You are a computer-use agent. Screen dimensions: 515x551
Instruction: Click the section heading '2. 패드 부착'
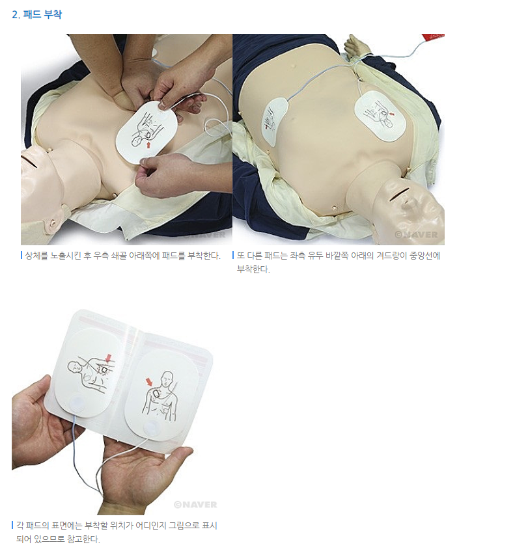36,14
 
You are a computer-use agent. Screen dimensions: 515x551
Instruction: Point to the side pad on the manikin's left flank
275,121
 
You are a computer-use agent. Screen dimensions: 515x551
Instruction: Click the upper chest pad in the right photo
380,116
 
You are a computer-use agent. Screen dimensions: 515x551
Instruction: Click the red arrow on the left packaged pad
109,358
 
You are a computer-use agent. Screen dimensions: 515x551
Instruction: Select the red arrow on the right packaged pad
150,382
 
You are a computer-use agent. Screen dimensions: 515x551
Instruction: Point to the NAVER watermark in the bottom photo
195,505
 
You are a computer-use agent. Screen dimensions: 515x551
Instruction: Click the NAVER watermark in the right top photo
416,234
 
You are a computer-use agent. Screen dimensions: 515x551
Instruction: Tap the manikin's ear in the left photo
53,222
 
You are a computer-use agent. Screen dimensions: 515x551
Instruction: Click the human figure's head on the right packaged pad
167,379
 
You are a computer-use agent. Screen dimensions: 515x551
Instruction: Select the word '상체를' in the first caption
36,256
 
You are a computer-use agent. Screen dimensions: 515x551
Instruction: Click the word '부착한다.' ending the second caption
253,269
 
